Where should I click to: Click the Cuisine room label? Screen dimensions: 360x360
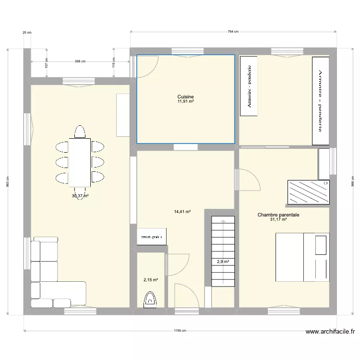[185, 96]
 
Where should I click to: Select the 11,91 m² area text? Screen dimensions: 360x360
[185, 101]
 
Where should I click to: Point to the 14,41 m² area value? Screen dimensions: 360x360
[182, 211]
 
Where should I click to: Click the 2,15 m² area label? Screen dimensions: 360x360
[150, 280]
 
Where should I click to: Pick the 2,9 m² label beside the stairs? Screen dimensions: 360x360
[223, 262]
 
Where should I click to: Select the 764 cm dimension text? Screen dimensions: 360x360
[233, 32]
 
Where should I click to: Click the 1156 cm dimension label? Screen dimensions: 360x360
[180, 331]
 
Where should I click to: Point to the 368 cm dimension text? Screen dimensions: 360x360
[80, 61]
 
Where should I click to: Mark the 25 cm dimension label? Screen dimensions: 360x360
[26, 33]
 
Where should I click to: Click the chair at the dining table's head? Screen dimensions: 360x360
[80, 131]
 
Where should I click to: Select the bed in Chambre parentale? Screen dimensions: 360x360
[302, 257]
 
